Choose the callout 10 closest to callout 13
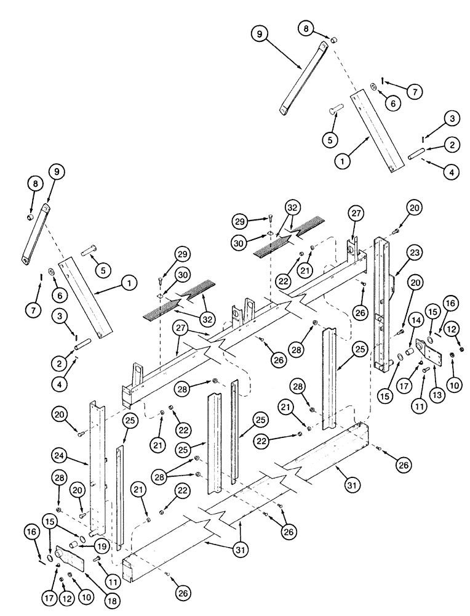(x=454, y=386)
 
